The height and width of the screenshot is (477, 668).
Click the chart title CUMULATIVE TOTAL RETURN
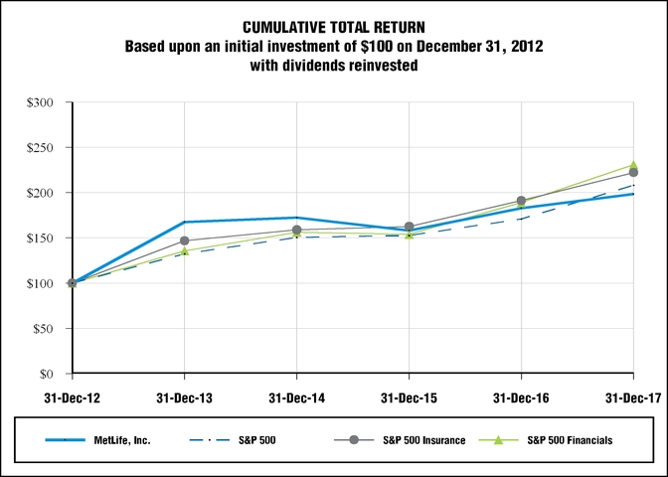[x=333, y=27]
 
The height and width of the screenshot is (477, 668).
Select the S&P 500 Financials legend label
[x=571, y=440]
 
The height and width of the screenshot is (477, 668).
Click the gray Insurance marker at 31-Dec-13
[x=184, y=240]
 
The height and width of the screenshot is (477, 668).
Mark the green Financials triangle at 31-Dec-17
[x=633, y=165]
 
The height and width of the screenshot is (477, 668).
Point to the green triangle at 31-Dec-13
[x=184, y=251]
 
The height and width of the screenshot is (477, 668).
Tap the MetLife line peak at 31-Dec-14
[x=296, y=218]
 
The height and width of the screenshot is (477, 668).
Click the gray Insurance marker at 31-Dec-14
[x=296, y=230]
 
